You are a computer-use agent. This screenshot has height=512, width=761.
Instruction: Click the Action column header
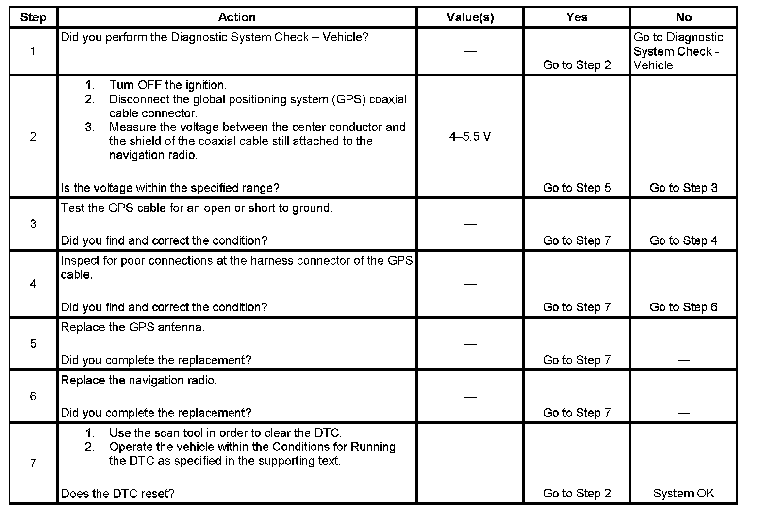(x=237, y=17)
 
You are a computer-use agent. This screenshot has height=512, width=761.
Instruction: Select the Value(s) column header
(x=470, y=17)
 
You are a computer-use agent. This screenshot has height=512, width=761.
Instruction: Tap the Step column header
(x=33, y=17)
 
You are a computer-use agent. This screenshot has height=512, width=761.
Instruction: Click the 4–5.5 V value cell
(x=470, y=137)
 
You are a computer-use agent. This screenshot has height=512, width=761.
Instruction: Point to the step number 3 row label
(x=33, y=224)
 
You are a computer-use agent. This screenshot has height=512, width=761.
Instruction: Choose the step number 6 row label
(x=33, y=396)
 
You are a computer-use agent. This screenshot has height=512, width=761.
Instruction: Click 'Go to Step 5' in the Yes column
(x=577, y=188)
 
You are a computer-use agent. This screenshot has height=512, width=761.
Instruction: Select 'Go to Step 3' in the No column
(x=683, y=188)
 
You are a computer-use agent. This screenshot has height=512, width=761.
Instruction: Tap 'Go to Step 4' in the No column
(x=683, y=240)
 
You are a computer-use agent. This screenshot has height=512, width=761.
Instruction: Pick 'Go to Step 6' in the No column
(x=683, y=307)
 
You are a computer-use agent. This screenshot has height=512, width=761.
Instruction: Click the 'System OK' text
(x=683, y=494)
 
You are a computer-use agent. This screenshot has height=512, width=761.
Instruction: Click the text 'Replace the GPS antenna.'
(x=132, y=327)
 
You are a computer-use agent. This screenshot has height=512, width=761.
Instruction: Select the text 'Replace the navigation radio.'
(x=139, y=380)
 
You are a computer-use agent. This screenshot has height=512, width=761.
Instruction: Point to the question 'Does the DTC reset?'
(x=117, y=494)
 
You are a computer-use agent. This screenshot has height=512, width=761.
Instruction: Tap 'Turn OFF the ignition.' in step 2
(x=167, y=85)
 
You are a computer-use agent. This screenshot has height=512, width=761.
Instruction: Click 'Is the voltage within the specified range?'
(x=170, y=188)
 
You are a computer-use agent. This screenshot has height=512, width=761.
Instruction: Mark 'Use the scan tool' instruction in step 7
(x=225, y=432)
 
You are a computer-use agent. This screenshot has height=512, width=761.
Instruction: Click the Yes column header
(x=577, y=17)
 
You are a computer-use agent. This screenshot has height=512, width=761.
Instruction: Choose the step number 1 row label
(x=33, y=51)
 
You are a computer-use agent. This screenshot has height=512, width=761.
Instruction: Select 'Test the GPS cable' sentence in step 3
(x=197, y=208)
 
